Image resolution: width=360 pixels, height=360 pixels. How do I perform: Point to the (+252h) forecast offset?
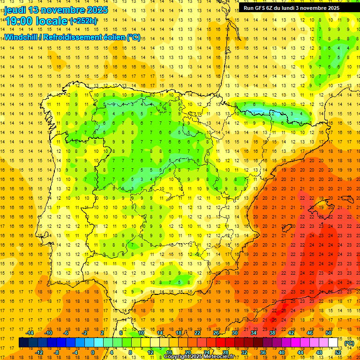[83, 21]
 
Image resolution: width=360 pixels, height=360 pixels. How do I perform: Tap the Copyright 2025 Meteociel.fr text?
[199, 357]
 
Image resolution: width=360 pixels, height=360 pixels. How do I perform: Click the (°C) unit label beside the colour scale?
[349, 343]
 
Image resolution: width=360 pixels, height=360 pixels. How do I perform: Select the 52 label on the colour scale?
[338, 352]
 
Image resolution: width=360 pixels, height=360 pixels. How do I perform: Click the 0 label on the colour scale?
[93, 352]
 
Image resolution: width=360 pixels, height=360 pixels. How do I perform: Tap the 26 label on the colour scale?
[216, 333]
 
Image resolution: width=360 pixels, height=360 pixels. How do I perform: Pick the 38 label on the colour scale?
[272, 333]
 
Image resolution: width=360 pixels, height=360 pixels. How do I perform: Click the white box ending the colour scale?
[333, 343]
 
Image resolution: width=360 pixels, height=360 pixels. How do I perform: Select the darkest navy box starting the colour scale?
[23, 343]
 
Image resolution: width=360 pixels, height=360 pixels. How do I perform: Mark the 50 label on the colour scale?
[329, 333]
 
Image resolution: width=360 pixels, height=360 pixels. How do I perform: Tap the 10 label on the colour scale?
[141, 333]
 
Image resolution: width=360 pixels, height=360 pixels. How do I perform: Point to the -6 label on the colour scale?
[67, 333]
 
